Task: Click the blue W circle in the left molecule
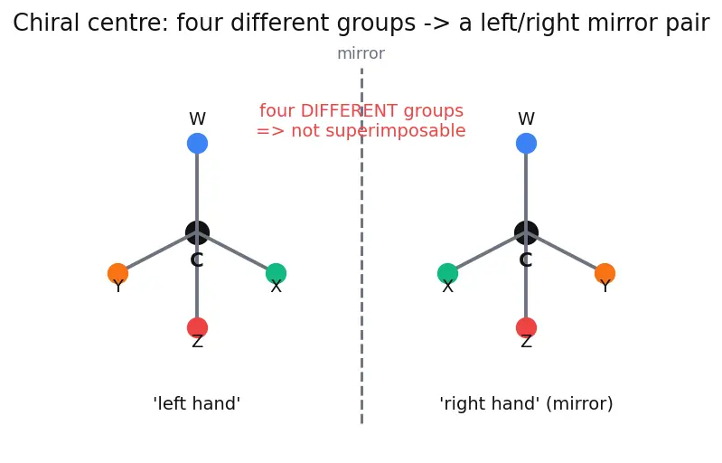(x=198, y=143)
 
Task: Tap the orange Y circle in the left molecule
(x=117, y=274)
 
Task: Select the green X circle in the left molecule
(x=277, y=274)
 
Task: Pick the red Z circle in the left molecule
(x=198, y=328)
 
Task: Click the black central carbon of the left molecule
(x=198, y=232)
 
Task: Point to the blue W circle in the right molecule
(x=526, y=143)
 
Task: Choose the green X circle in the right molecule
(x=447, y=274)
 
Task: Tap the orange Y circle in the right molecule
(x=605, y=274)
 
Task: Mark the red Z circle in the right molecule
(x=526, y=328)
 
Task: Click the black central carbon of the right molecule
(x=526, y=232)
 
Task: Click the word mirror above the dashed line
(x=361, y=53)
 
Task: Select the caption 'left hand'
(x=197, y=403)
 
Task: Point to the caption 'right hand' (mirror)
(x=526, y=404)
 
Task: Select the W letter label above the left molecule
(x=198, y=118)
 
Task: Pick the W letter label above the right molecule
(x=526, y=118)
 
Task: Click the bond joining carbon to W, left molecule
(x=198, y=188)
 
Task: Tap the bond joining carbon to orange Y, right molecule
(x=566, y=253)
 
